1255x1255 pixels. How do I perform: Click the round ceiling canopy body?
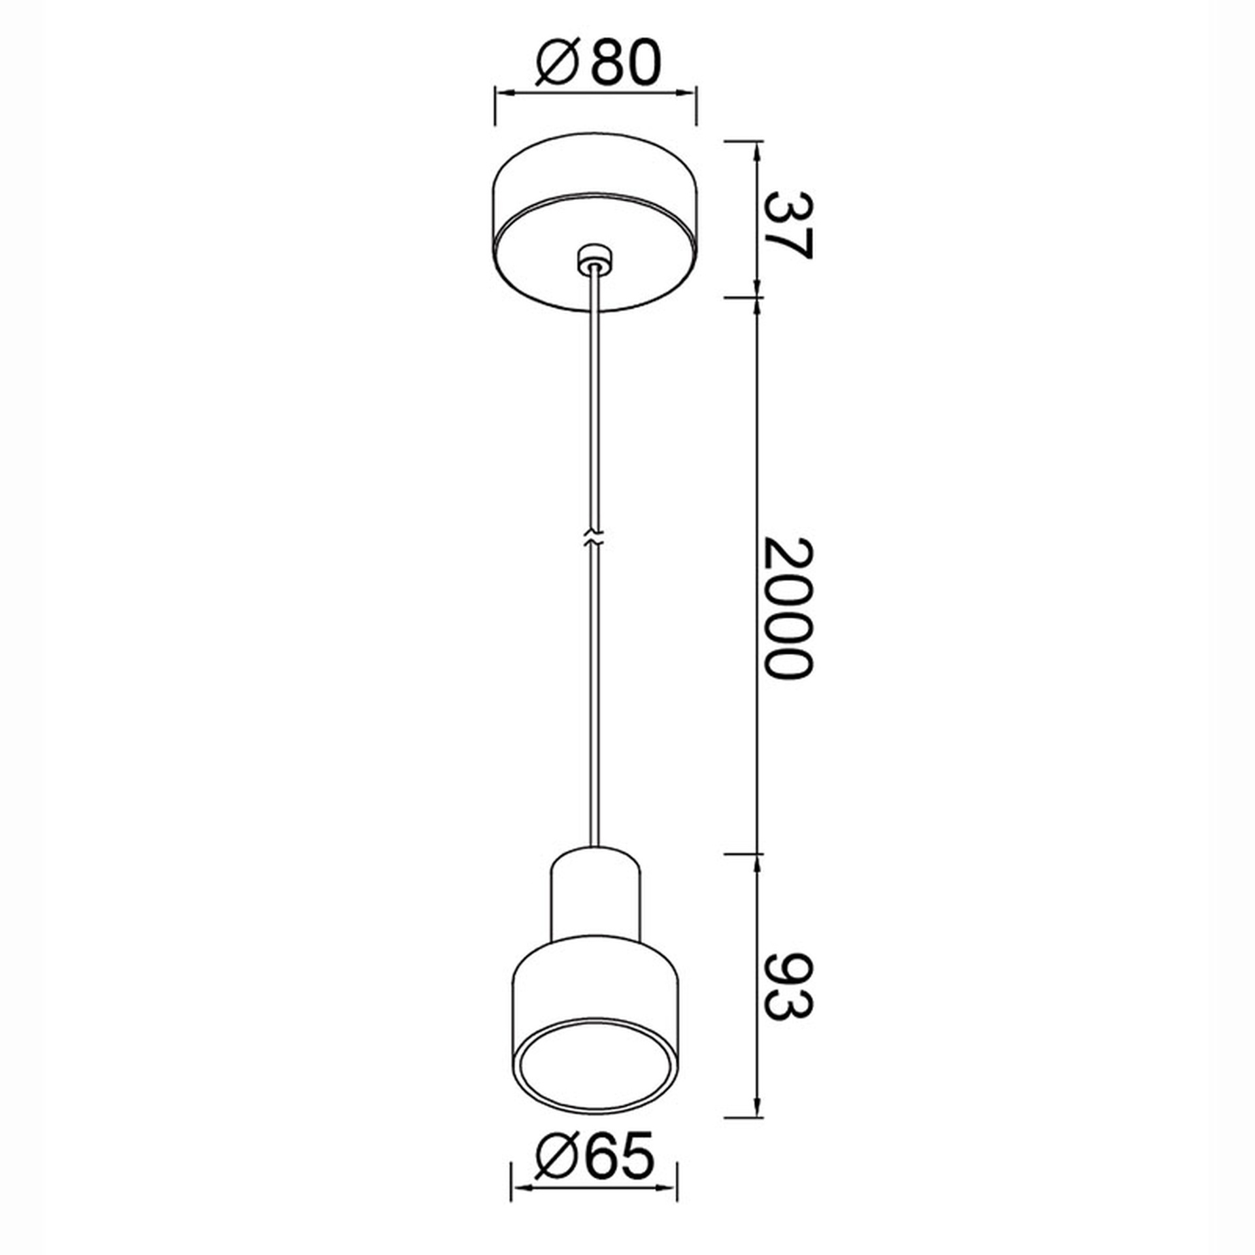(x=595, y=222)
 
